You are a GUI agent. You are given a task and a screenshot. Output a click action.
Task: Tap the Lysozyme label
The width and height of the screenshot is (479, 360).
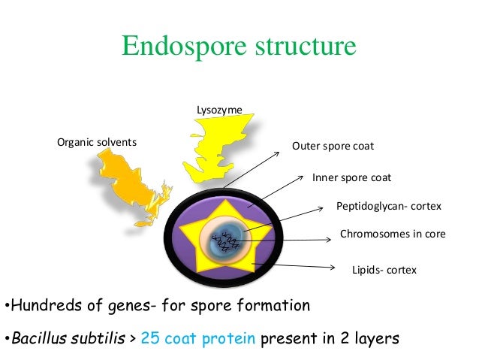(x=219, y=110)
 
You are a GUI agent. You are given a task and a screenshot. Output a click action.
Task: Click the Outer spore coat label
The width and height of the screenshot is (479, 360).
(x=333, y=146)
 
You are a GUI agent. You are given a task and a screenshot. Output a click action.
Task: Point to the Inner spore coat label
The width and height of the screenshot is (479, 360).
(x=351, y=178)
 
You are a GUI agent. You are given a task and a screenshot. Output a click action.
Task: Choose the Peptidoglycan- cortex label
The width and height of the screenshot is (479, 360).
(x=389, y=206)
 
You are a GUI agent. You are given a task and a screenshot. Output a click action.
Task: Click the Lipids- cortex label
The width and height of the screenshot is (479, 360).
(x=384, y=269)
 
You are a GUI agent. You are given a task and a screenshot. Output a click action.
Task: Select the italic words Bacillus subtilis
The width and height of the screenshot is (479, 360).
(x=66, y=339)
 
